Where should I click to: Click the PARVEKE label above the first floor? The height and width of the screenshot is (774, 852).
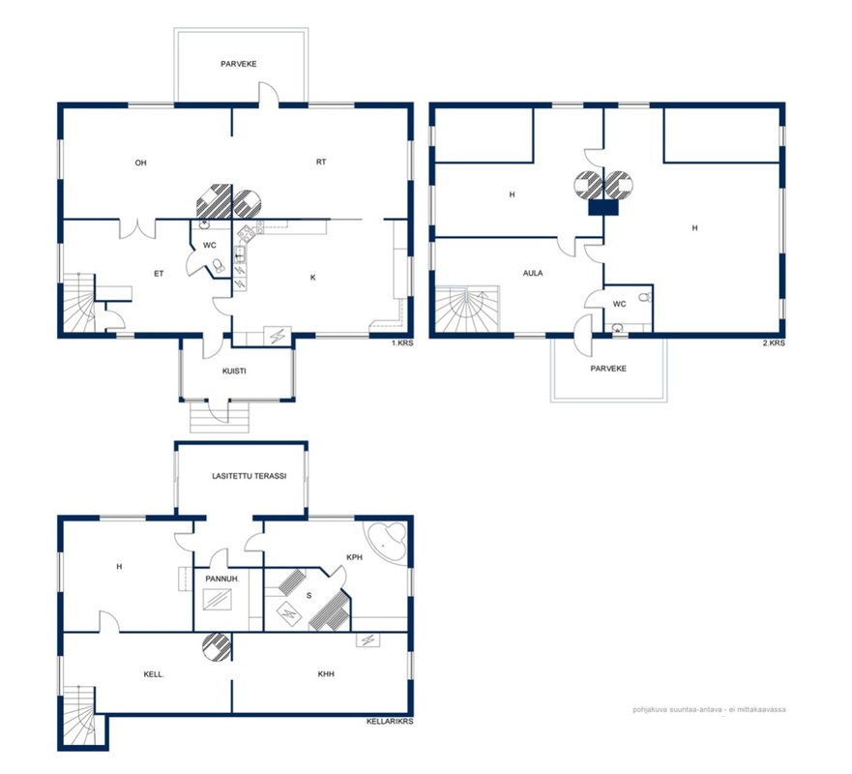click(239, 64)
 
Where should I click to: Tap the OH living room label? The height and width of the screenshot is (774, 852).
click(141, 163)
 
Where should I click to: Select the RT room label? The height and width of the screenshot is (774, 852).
click(321, 162)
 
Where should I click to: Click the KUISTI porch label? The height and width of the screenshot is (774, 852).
click(234, 372)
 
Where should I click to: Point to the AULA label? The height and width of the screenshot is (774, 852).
click(533, 273)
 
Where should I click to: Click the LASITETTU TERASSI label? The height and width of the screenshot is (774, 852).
click(250, 476)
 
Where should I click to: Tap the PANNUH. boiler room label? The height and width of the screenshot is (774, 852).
click(222, 579)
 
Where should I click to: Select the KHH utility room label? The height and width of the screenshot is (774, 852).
click(326, 674)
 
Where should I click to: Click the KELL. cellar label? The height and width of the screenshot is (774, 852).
click(154, 674)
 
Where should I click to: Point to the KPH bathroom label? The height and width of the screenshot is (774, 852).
click(354, 557)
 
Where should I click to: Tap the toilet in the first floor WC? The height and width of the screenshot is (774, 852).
click(219, 266)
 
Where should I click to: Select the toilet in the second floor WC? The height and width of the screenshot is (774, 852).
click(644, 297)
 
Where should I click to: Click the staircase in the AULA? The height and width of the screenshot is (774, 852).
click(467, 309)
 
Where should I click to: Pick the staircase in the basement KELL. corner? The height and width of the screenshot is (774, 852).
click(81, 716)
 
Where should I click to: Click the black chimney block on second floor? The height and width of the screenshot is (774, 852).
click(603, 207)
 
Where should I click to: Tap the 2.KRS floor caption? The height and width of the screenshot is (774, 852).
click(774, 342)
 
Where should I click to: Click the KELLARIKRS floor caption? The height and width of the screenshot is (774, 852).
click(390, 722)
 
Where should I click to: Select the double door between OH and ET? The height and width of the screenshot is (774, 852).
click(137, 229)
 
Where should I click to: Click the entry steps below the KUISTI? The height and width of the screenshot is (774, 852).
click(220, 416)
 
